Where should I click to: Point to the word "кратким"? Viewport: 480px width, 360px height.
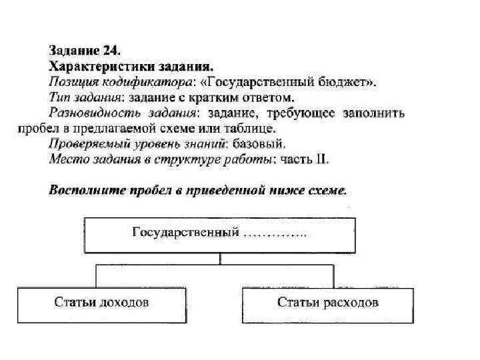click(223, 97)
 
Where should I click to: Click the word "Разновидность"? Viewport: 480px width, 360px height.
click(90, 113)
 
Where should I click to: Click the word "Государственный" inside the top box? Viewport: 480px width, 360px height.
click(186, 233)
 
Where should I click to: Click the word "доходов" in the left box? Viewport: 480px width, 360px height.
click(125, 303)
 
